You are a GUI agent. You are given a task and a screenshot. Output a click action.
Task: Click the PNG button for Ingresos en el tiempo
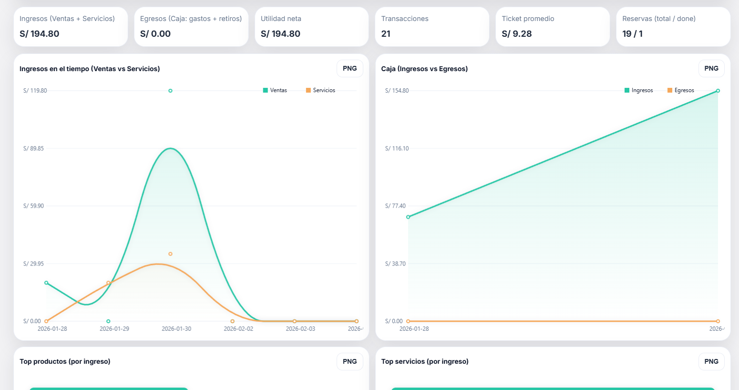(x=349, y=69)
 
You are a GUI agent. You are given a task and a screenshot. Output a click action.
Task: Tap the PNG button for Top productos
(x=349, y=362)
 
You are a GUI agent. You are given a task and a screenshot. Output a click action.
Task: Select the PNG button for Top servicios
(x=711, y=362)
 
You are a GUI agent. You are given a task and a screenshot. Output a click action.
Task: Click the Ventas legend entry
(x=275, y=90)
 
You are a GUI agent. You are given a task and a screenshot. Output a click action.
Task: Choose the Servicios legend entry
(x=320, y=90)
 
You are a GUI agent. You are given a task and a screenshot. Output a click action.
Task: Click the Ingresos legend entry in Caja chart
(x=638, y=90)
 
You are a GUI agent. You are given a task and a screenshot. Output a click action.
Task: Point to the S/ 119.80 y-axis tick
(x=35, y=91)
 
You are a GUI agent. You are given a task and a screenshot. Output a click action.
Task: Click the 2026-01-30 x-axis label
(x=176, y=329)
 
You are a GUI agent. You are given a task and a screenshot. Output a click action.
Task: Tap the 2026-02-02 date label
(x=238, y=329)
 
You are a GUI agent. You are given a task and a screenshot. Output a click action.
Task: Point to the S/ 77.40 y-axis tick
(x=395, y=206)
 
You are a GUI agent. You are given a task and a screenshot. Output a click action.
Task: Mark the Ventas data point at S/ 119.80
(x=170, y=91)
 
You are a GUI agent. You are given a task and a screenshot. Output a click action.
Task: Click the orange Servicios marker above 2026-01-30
(x=170, y=254)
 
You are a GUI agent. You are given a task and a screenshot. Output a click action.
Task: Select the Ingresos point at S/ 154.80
(x=718, y=91)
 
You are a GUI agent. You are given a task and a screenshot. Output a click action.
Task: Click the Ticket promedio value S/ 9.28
(x=516, y=34)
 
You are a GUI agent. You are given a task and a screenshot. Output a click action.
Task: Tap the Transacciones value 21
(x=386, y=34)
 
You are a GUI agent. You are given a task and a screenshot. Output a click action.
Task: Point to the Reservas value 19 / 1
(x=632, y=34)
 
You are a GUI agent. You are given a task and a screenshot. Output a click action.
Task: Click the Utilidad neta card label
(x=281, y=19)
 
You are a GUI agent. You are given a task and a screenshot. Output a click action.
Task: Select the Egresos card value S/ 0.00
(x=155, y=34)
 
